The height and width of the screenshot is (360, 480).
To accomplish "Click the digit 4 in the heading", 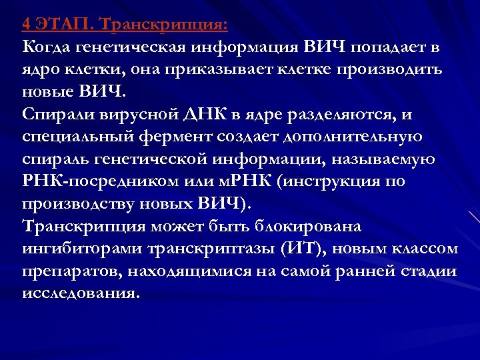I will pyautogui.click(x=26, y=25).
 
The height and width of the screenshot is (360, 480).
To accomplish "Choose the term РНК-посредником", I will pyautogui.click(x=90, y=182).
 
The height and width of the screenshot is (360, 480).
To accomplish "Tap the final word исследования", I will pyautogui.click(x=81, y=294).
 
